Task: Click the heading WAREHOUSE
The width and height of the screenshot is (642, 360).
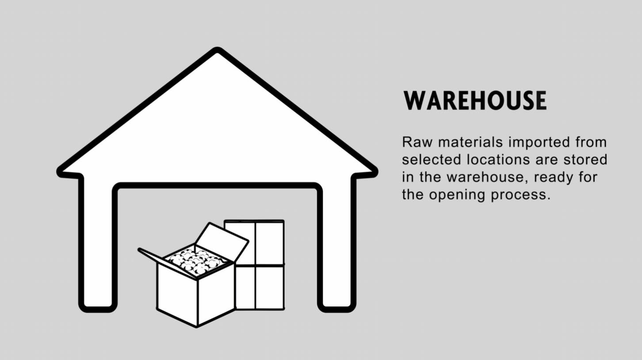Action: pos(475,101)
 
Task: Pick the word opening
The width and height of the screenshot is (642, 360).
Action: pos(458,195)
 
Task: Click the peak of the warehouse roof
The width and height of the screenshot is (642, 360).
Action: pos(217,51)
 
